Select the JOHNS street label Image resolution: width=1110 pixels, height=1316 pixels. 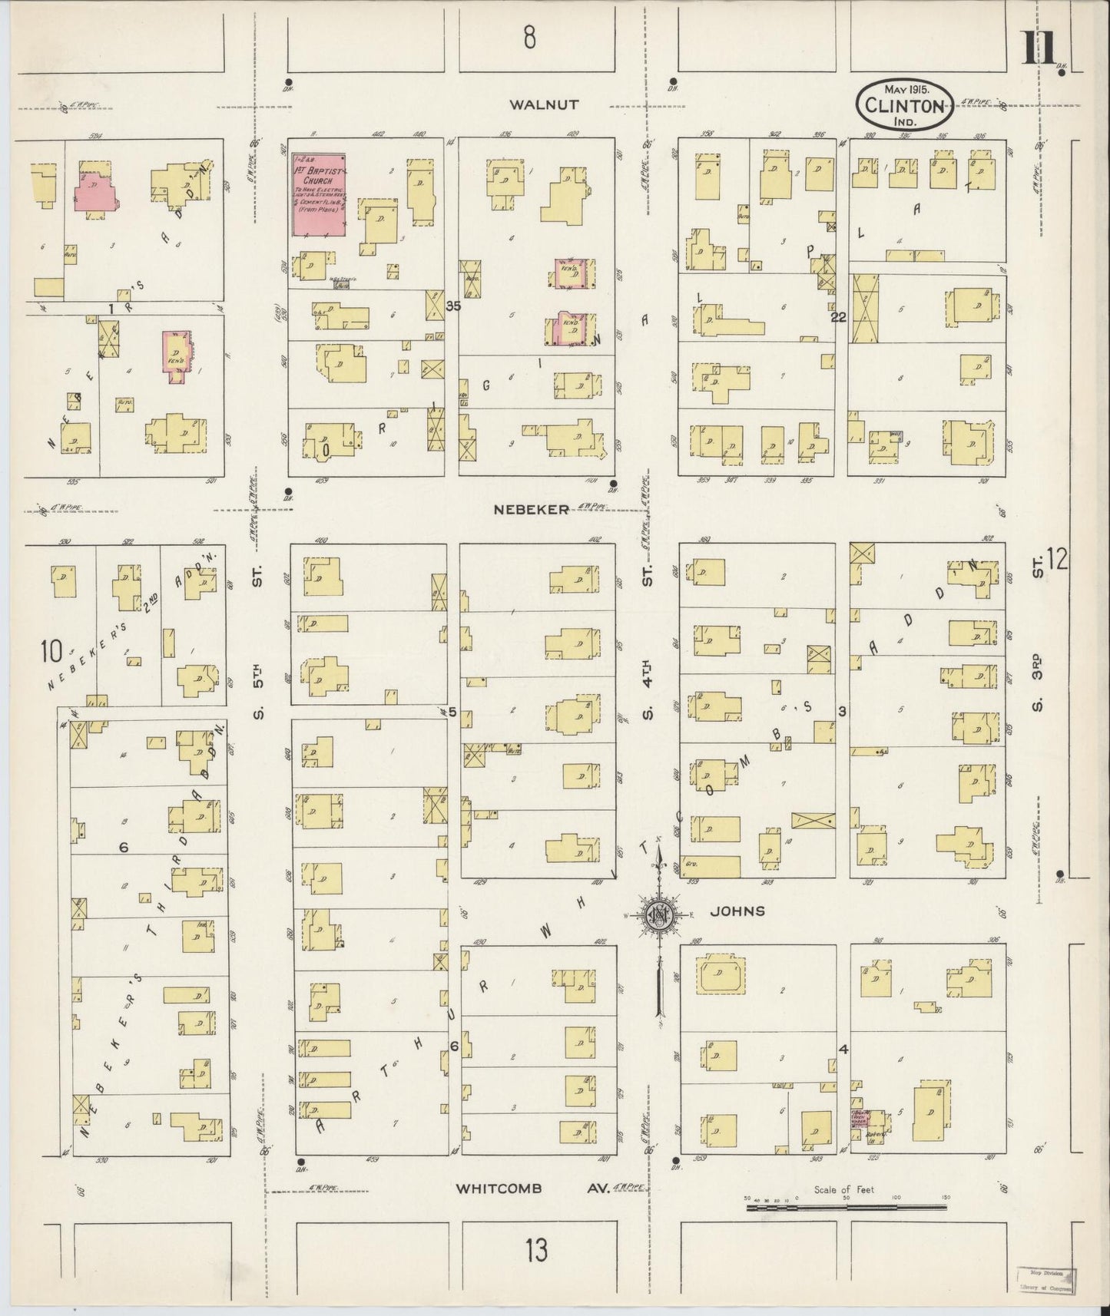tap(737, 911)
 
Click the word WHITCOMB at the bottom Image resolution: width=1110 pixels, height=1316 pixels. tap(499, 1189)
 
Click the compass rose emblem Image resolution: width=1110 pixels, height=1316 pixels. tap(658, 914)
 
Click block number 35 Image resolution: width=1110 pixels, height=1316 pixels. tap(452, 306)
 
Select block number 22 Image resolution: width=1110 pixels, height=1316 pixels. tap(837, 316)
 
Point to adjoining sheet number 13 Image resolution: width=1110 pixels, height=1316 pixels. tap(537, 1251)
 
